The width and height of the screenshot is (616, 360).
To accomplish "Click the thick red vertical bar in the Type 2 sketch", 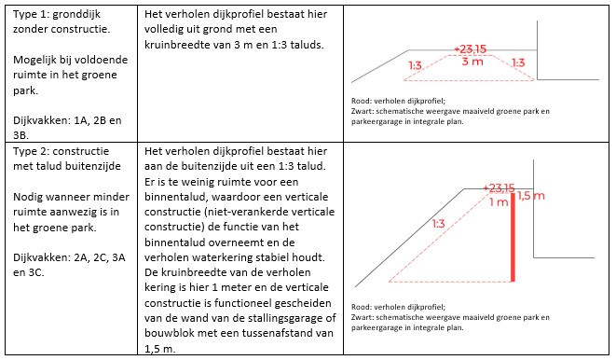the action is point(513,238).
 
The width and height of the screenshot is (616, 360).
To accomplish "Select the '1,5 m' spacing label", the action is point(530,196).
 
